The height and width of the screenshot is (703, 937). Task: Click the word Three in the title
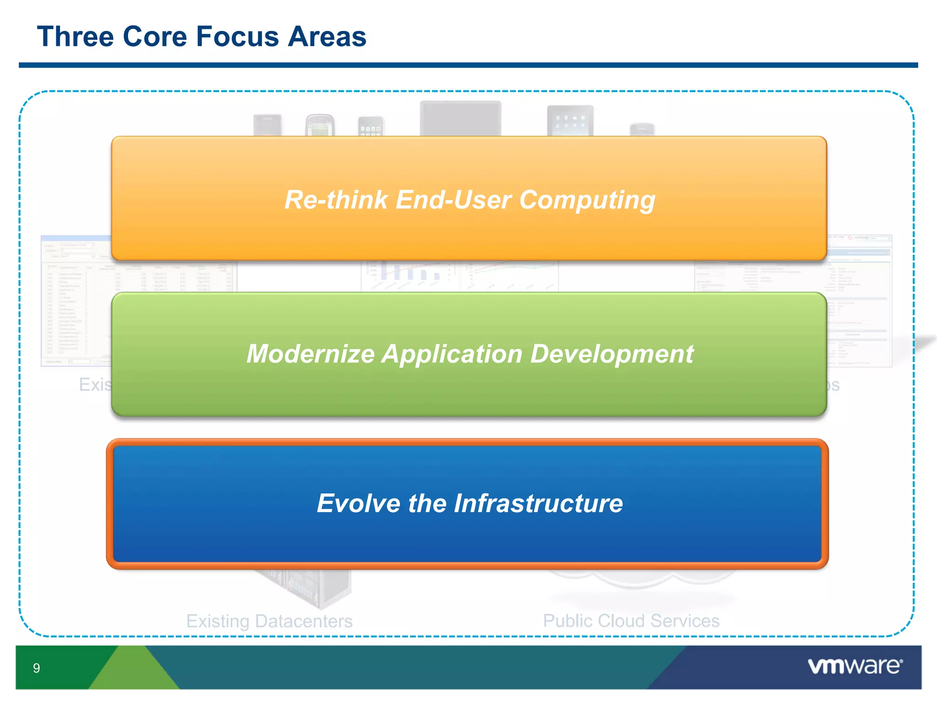[x=75, y=37]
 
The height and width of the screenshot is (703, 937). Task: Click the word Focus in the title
[x=237, y=37]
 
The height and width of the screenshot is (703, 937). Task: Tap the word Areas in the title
[x=327, y=37]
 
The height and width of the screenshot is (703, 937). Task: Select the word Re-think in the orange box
[x=336, y=200]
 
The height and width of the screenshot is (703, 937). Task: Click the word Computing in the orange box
[x=587, y=200]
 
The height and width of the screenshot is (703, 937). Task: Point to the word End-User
[x=453, y=200]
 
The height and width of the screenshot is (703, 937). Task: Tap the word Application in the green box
[x=452, y=354]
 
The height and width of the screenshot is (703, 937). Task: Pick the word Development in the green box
[x=612, y=354]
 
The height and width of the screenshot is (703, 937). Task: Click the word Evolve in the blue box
[x=358, y=503]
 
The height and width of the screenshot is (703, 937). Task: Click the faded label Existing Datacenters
[x=269, y=621]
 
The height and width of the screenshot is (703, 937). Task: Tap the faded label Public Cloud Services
[x=631, y=621]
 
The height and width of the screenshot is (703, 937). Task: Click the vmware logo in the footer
[x=855, y=666]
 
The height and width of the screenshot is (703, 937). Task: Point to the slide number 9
[x=37, y=668]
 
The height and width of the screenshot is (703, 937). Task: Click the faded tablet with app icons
[x=570, y=120]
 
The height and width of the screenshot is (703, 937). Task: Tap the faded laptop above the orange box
[x=460, y=118]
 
